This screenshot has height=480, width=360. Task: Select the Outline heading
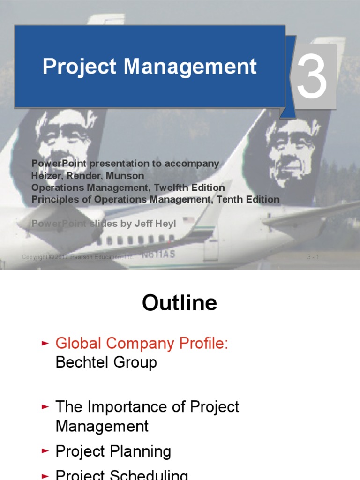point(180,303)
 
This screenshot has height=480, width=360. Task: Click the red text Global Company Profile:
point(142,343)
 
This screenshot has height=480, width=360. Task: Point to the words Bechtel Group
point(106,362)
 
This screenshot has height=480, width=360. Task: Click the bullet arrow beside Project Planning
point(45,451)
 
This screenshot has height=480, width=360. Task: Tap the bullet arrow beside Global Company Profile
point(45,344)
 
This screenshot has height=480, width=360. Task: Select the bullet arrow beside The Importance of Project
point(45,406)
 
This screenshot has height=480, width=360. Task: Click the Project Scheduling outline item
point(121,474)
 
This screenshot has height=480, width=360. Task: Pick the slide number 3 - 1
point(313,256)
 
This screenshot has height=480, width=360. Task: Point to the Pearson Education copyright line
point(78,257)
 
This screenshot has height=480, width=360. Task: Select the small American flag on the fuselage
point(188,219)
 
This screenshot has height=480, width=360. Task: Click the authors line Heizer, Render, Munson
point(88,176)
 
